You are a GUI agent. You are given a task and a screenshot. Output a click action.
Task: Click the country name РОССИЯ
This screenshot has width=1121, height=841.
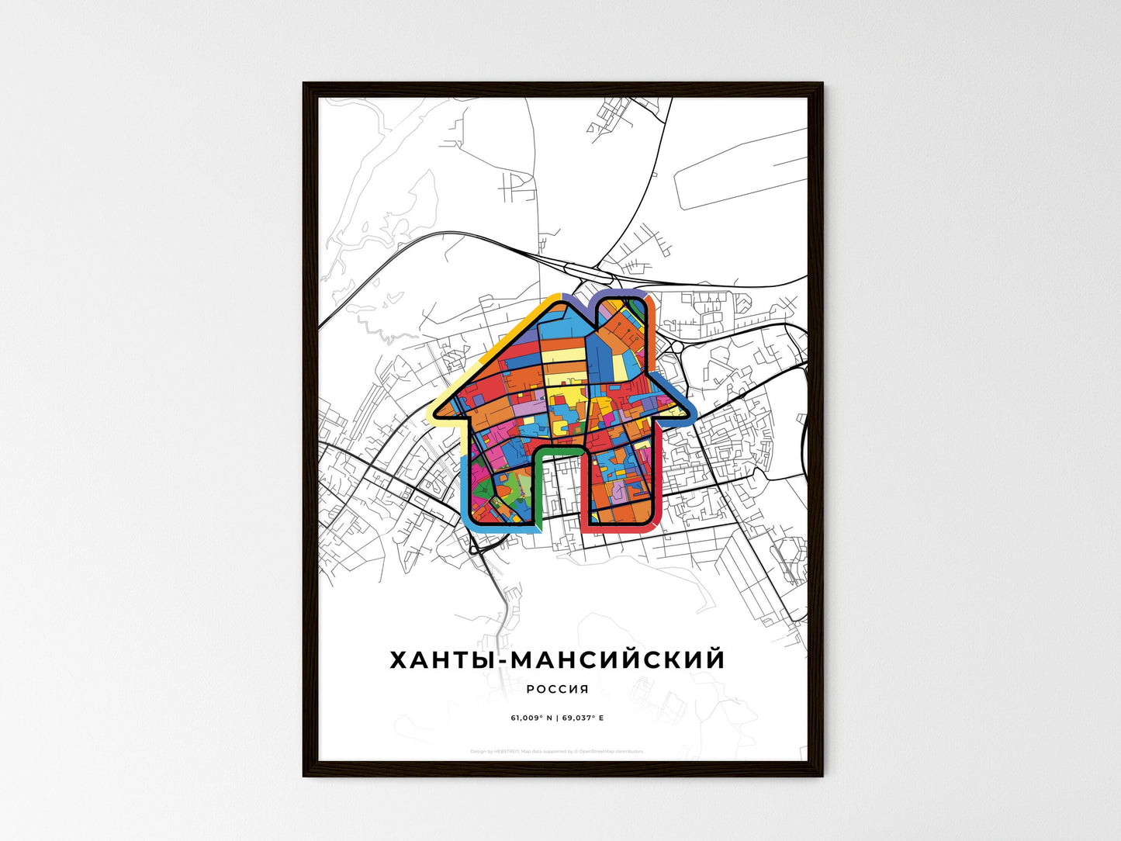[557, 689]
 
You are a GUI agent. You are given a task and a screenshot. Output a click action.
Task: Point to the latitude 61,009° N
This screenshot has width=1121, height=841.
[531, 718]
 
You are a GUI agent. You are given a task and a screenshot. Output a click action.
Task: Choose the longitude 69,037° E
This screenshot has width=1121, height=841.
[583, 718]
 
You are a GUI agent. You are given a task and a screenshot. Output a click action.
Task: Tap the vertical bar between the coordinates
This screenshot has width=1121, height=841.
[557, 718]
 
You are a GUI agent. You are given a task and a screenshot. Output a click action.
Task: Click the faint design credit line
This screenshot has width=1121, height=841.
[557, 751]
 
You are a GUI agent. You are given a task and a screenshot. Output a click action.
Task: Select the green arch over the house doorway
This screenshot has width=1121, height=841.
[557, 449]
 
